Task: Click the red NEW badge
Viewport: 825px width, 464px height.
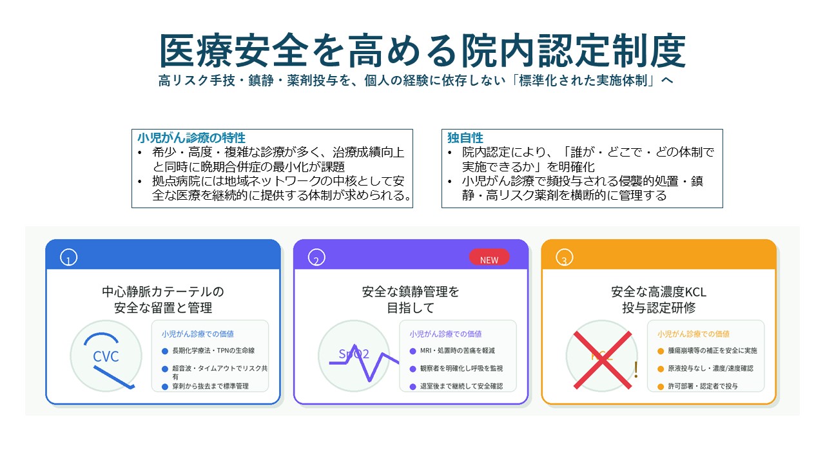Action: [489, 257]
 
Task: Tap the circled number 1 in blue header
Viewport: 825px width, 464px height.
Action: [68, 257]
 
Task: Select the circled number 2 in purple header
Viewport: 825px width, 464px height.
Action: [316, 257]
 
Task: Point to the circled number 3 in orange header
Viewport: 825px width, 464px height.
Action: [564, 257]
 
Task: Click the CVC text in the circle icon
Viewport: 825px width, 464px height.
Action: [106, 356]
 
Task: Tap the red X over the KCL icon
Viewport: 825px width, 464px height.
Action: [603, 360]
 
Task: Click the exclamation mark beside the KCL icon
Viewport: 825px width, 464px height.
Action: [636, 370]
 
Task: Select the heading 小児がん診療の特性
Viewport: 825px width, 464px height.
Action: [191, 138]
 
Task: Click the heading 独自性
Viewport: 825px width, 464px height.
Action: [465, 138]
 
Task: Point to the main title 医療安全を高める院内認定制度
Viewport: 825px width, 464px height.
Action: [422, 50]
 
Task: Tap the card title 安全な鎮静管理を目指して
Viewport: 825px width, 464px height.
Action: [411, 300]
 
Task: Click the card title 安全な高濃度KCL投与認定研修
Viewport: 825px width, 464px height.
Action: [659, 300]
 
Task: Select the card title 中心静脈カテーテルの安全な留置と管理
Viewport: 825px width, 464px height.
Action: [163, 300]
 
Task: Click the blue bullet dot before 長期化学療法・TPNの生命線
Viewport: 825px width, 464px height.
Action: [165, 351]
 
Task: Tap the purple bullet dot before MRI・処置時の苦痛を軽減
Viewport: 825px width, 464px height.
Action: [413, 351]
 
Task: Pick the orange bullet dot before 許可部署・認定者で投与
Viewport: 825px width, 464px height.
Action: [661, 387]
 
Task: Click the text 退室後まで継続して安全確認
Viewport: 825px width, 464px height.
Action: [461, 386]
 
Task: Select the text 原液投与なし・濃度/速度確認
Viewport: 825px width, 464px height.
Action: [710, 369]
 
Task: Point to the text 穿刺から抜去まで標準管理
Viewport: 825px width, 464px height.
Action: [210, 386]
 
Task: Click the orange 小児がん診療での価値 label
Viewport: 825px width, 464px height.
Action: [694, 334]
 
